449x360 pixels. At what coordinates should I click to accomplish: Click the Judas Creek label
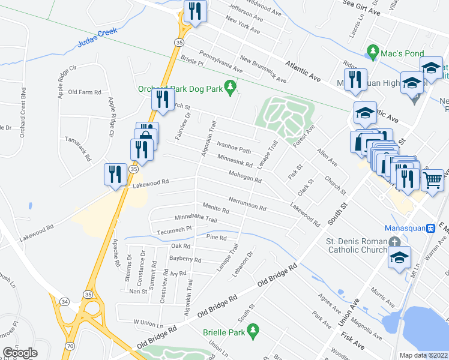click(95, 43)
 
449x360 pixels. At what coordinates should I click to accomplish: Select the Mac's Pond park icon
click(373, 50)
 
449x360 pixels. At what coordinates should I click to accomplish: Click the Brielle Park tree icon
click(253, 329)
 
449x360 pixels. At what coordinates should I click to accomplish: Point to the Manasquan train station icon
click(430, 228)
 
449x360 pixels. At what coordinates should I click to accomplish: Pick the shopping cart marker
click(432, 179)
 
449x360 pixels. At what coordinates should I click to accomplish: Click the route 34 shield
click(65, 299)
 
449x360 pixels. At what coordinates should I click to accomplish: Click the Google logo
click(20, 353)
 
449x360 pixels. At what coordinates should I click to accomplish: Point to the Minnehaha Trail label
click(195, 219)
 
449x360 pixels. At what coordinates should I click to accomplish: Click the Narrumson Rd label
click(247, 203)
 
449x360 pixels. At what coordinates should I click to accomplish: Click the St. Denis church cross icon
click(394, 241)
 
